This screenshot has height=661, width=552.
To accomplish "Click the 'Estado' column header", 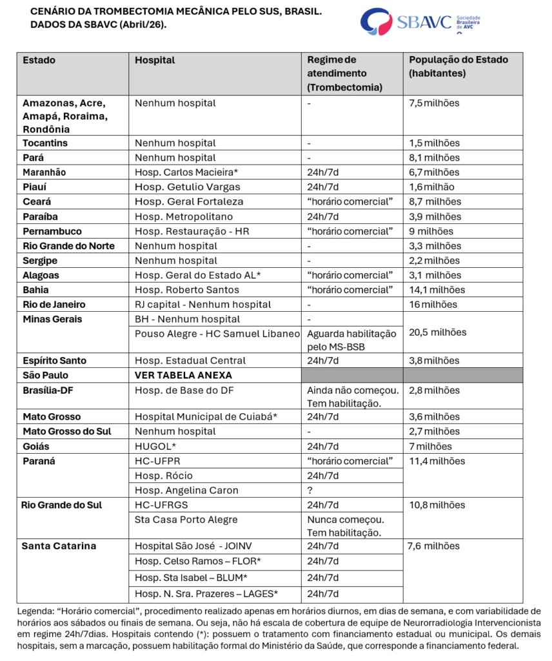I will (x=39, y=60).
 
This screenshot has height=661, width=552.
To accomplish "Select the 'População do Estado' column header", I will (x=458, y=60).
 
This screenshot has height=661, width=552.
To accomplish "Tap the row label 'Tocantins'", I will (x=45, y=143).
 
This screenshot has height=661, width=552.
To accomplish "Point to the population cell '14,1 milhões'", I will (x=437, y=290).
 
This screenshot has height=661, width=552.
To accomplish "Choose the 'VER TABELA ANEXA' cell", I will (x=183, y=375).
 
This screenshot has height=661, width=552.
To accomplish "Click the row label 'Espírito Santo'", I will (x=54, y=360).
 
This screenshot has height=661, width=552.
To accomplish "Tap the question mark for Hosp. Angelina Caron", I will (x=310, y=490).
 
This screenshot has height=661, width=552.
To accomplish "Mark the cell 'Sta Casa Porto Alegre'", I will (x=186, y=519).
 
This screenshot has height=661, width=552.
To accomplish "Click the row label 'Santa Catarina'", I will (x=59, y=546).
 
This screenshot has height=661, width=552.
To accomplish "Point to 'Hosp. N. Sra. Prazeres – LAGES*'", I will (x=206, y=593).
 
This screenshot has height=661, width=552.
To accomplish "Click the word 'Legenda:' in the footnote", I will (x=36, y=610).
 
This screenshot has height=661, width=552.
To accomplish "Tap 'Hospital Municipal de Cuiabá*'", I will (x=206, y=416).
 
